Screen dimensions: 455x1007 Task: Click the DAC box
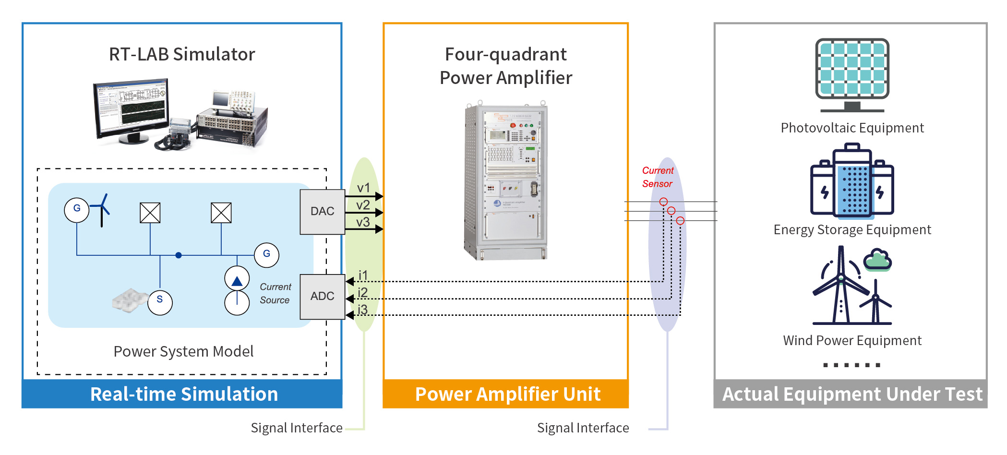[322, 212]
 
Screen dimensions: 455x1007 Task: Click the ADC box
[322, 296]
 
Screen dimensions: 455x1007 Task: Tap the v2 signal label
[363, 205]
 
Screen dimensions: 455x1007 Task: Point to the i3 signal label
[363, 310]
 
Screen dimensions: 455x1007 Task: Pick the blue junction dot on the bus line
[179, 255]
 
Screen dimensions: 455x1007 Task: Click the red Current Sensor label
[658, 177]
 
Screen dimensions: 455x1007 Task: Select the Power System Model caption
[183, 351]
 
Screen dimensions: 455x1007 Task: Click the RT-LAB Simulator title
[182, 54]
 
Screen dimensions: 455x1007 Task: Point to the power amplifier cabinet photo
[506, 181]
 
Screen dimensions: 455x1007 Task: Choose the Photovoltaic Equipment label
[852, 128]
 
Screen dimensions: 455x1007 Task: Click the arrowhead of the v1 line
[379, 196]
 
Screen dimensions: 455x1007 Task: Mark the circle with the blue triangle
[237, 280]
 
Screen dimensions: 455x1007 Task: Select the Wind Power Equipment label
[852, 341]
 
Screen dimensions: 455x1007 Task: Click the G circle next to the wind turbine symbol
[77, 210]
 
